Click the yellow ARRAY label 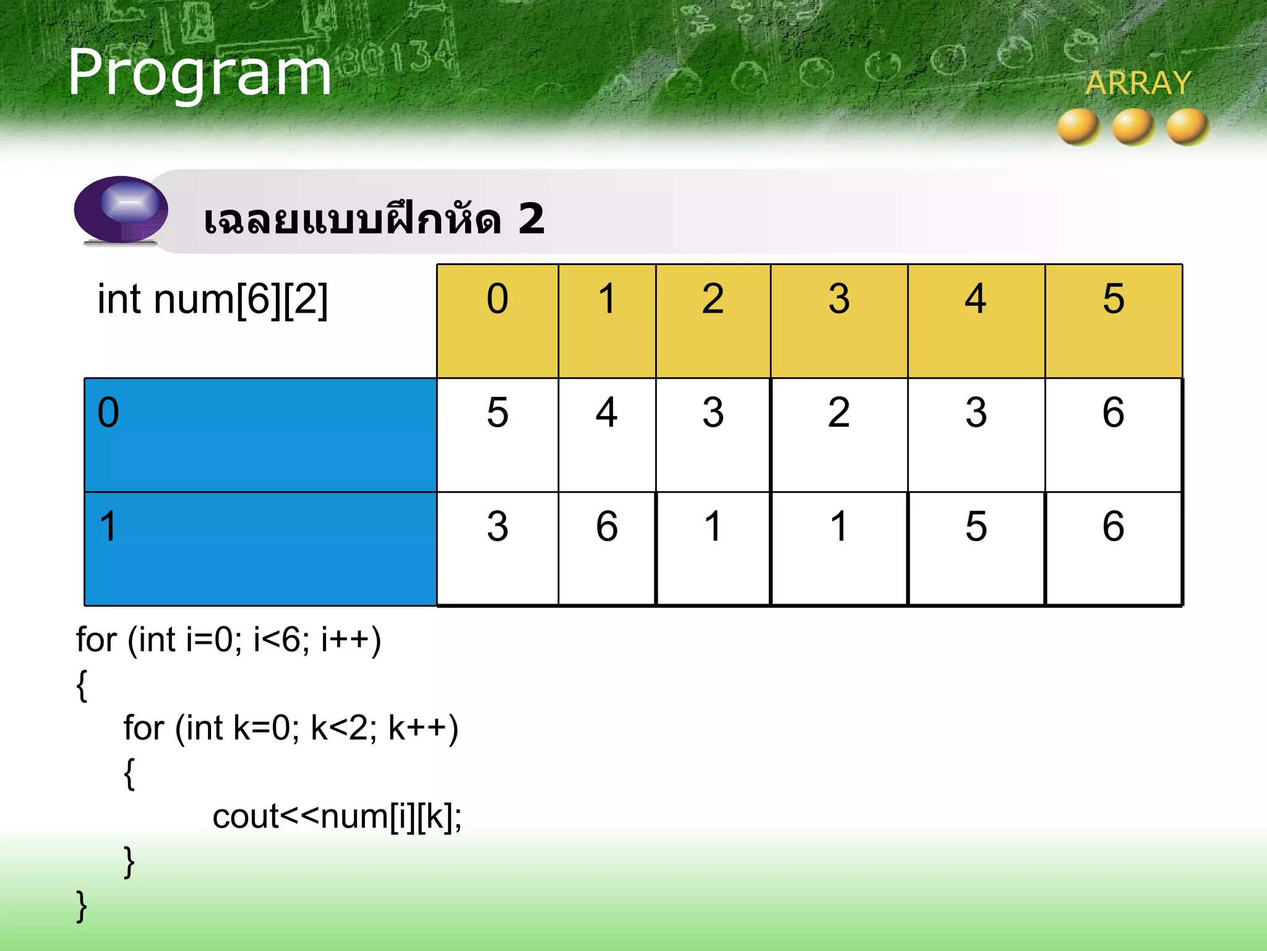point(1138,83)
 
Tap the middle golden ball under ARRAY point(1132,127)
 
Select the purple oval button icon point(121,209)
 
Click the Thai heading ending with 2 point(374,219)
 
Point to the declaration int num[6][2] point(212,300)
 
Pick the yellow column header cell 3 point(838,321)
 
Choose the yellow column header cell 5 point(1113,321)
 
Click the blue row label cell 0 point(260,435)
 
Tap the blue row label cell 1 point(260,549)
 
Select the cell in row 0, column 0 point(497,435)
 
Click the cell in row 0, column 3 point(838,435)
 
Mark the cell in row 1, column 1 point(606,549)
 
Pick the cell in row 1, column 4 point(976,549)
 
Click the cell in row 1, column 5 point(1113,549)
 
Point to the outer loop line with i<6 point(228,640)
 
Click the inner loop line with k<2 point(290,728)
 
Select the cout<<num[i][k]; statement point(337,817)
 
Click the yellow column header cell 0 point(497,321)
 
